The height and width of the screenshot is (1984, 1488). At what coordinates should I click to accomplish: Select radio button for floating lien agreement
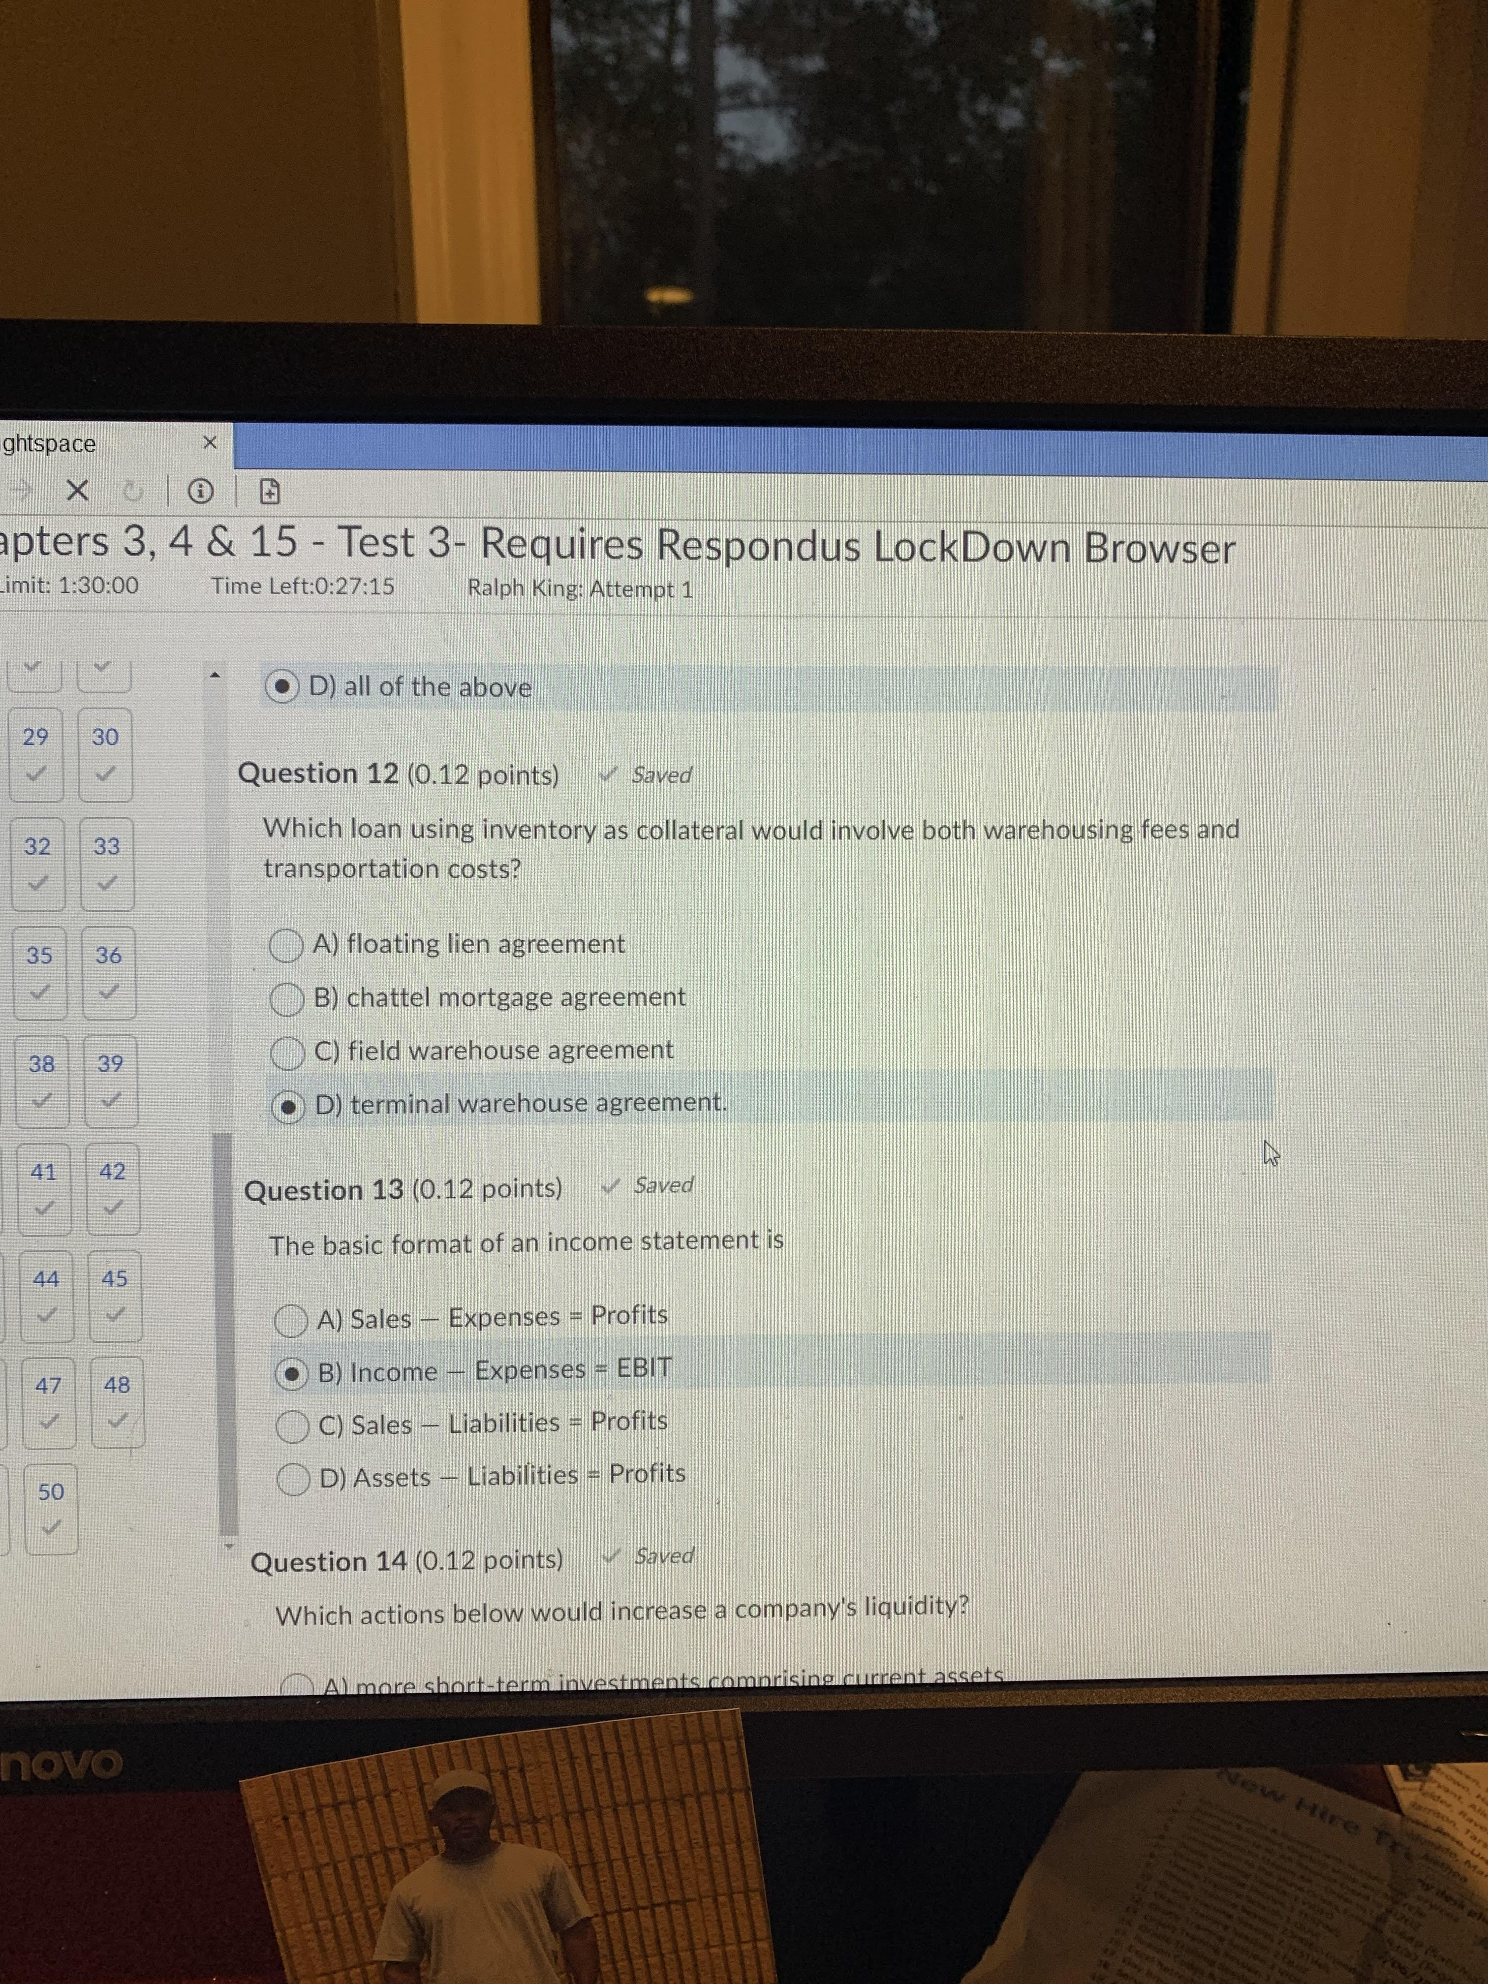coord(286,945)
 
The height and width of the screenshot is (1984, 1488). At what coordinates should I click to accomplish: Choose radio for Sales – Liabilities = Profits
coord(292,1426)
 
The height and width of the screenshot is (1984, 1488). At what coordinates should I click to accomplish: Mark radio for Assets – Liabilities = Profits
coord(293,1479)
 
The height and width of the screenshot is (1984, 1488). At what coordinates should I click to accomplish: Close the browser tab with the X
coord(210,442)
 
